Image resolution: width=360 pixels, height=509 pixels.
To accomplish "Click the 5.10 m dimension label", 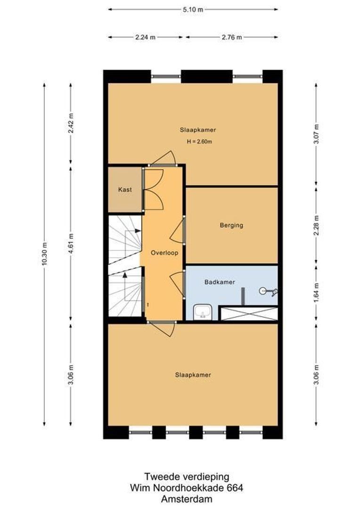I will [193, 9].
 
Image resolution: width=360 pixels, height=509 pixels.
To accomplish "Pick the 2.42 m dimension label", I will [71, 123].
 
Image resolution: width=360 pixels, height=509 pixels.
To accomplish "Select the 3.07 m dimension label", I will [316, 134].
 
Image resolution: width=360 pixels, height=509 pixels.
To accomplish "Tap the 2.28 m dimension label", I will [316, 225].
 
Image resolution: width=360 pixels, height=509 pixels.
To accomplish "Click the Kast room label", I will [125, 189].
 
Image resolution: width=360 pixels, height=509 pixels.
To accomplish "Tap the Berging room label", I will [231, 225].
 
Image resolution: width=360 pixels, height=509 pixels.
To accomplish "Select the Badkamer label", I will [219, 282].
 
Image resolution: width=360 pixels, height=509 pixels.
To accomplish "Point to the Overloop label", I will [164, 253].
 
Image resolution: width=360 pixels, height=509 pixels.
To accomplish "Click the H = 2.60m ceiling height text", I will [197, 141].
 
